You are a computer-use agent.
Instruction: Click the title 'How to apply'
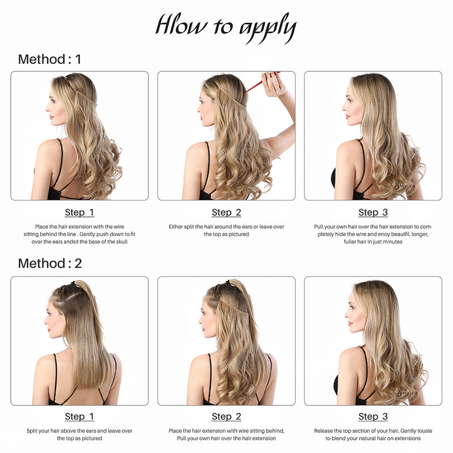pyautogui.click(x=226, y=27)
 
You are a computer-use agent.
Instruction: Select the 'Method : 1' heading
pyautogui.click(x=49, y=59)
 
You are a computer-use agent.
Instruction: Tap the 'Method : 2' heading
pyautogui.click(x=50, y=263)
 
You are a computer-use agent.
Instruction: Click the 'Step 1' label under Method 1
pyautogui.click(x=79, y=212)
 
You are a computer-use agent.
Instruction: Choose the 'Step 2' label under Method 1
pyautogui.click(x=226, y=212)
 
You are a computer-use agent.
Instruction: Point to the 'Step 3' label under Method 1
pyautogui.click(x=373, y=212)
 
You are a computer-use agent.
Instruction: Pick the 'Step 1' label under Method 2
pyautogui.click(x=79, y=417)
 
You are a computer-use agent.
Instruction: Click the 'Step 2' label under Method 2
pyautogui.click(x=226, y=417)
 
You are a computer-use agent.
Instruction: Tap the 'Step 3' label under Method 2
pyautogui.click(x=373, y=417)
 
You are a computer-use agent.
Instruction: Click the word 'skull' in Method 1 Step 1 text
pyautogui.click(x=122, y=242)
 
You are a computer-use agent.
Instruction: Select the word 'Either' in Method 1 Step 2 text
pyautogui.click(x=176, y=227)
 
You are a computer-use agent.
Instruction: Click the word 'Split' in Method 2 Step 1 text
pyautogui.click(x=32, y=431)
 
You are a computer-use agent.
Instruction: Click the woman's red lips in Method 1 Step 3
pyautogui.click(x=348, y=117)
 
